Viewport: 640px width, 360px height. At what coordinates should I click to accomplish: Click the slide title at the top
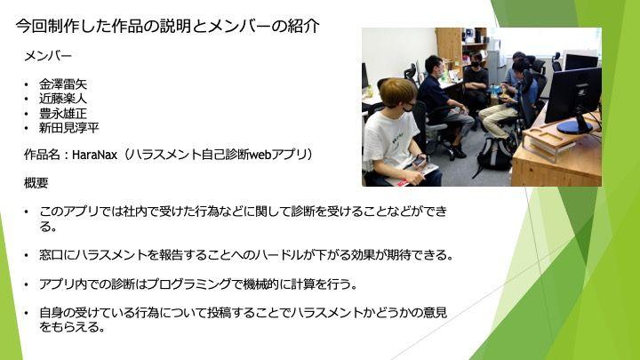pyautogui.click(x=167, y=26)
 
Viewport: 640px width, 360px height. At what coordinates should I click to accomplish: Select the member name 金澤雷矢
pyautogui.click(x=63, y=84)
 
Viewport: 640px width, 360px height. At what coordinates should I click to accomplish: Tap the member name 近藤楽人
pyautogui.click(x=63, y=99)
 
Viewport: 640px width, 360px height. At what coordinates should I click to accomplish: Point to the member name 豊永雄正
pyautogui.click(x=63, y=113)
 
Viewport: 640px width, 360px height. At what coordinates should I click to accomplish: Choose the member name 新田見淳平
pyautogui.click(x=69, y=128)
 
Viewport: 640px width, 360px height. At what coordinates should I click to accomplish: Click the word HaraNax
pyautogui.click(x=95, y=155)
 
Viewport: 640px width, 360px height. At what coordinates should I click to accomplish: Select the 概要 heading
pyautogui.click(x=36, y=183)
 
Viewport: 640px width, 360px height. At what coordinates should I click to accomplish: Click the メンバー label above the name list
pyautogui.click(x=48, y=56)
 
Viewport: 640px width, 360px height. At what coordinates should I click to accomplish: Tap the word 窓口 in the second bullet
pyautogui.click(x=51, y=255)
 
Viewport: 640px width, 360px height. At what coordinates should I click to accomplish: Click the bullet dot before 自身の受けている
pyautogui.click(x=27, y=314)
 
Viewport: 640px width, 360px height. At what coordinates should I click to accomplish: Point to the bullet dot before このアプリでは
pyautogui.click(x=27, y=212)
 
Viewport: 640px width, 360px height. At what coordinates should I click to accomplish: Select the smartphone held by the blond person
pyautogui.click(x=419, y=162)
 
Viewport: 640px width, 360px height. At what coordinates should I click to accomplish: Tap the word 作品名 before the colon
pyautogui.click(x=42, y=155)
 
